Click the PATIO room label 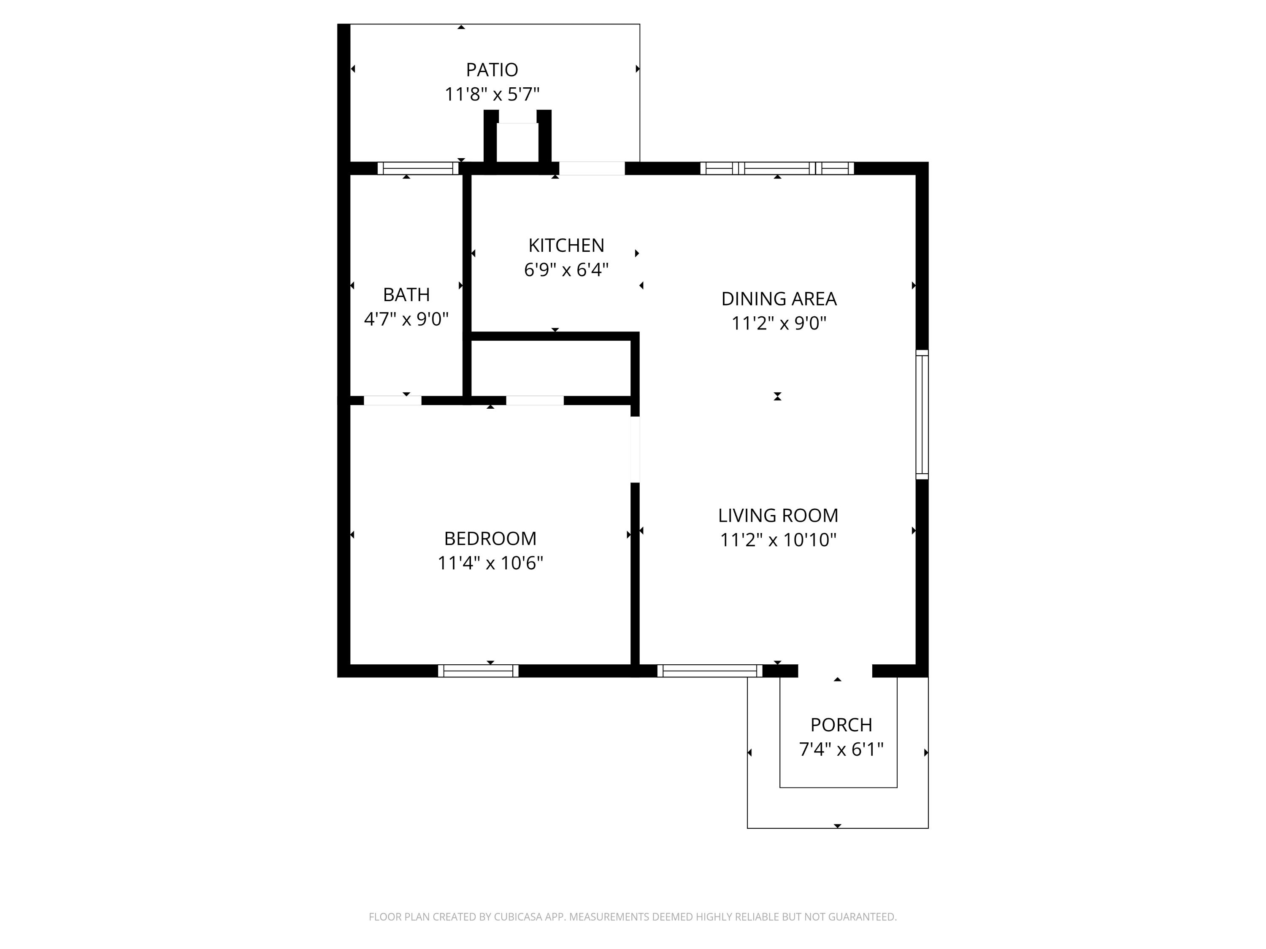[492, 70]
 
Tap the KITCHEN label [566, 245]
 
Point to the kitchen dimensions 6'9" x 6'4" [566, 270]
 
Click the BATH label [406, 294]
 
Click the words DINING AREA [778, 299]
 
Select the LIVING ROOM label [778, 515]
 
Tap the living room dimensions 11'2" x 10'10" [778, 540]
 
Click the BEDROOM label [490, 538]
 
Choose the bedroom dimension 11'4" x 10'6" [490, 563]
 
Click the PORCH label [841, 725]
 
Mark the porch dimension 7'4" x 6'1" [841, 749]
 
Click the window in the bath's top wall [418, 168]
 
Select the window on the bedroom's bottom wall [478, 671]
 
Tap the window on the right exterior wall [922, 415]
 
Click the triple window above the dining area [776, 168]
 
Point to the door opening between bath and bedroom [392, 400]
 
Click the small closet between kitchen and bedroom [551, 367]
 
